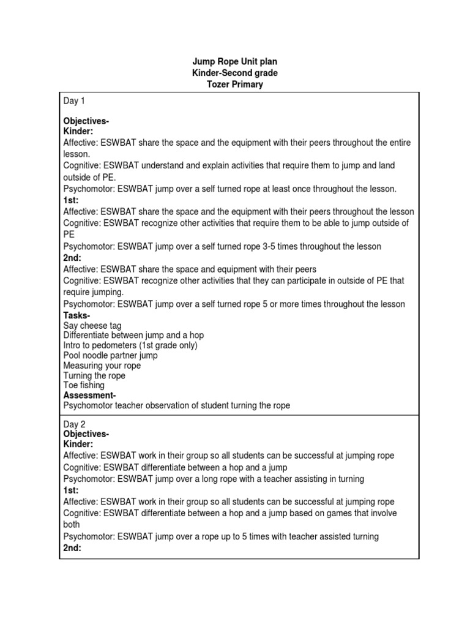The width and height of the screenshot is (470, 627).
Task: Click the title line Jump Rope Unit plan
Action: coord(234,62)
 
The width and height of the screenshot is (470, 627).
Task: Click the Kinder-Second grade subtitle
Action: coord(234,73)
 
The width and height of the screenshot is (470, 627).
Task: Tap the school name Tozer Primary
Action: coord(234,84)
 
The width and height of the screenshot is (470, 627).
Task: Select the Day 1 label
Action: coord(74,100)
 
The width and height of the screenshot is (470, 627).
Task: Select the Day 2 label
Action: coord(74,424)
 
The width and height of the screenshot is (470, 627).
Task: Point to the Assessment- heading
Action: coord(89,396)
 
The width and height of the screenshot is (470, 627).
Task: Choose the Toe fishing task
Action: coord(84,386)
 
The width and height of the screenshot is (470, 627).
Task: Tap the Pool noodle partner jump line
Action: coord(110,355)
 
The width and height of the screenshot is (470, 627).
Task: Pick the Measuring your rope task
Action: coord(102,366)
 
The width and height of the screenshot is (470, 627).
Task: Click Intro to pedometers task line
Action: coord(130,345)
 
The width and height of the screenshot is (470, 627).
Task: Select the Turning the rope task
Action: coord(94,375)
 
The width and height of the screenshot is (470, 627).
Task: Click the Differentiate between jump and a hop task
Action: coord(133,336)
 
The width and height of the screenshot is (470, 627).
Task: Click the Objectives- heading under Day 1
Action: coord(86,121)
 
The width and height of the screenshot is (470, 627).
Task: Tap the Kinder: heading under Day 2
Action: coord(78,443)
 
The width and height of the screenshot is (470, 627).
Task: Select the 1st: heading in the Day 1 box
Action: coord(71,200)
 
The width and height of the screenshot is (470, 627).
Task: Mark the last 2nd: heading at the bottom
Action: coord(72,548)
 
